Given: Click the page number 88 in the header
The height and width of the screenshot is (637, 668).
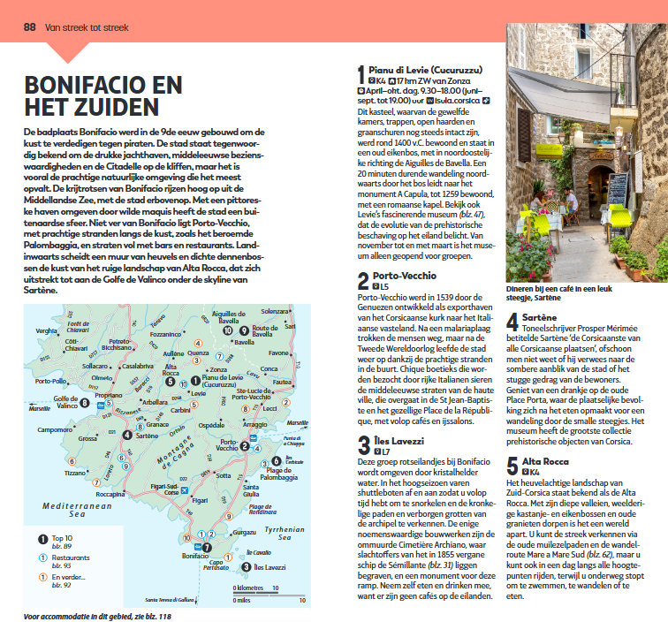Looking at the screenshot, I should pyautogui.click(x=29, y=27).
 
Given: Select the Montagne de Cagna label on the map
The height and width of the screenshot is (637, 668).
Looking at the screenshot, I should pyautogui.click(x=176, y=441).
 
